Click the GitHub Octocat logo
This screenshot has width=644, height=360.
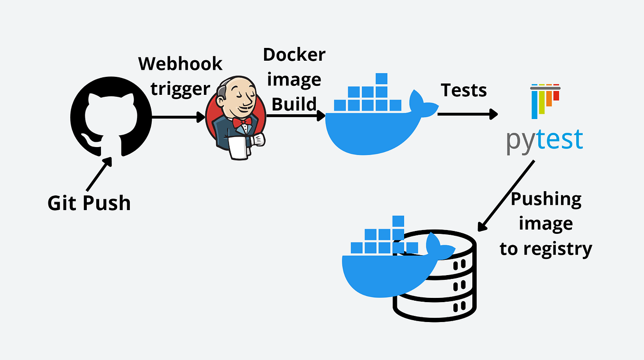click(111, 116)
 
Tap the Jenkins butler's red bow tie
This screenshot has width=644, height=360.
click(242, 123)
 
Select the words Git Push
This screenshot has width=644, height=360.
click(89, 203)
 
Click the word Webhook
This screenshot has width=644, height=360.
click(180, 64)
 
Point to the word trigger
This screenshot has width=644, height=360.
click(180, 88)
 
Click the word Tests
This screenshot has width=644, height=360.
click(463, 90)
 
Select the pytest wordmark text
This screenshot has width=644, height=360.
click(544, 140)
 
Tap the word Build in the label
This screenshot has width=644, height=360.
click(294, 103)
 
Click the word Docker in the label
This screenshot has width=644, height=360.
click(294, 55)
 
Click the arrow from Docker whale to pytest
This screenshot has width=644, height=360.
click(467, 114)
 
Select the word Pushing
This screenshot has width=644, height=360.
click(546, 199)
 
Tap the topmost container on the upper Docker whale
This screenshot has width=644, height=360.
click(381, 79)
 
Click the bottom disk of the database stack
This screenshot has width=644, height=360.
click(434, 308)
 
